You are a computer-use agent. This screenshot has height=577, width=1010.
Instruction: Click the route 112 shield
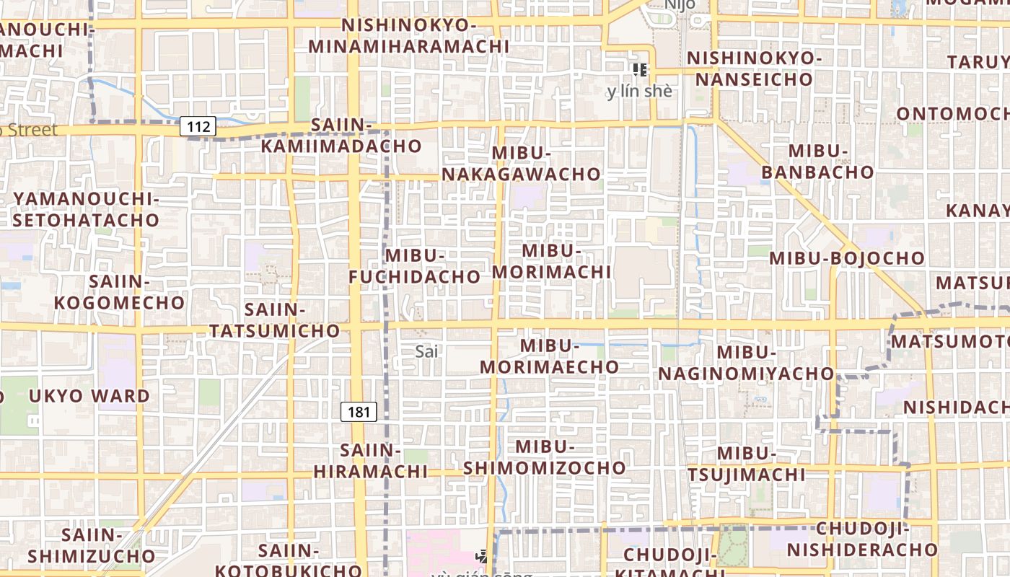pos(198,128)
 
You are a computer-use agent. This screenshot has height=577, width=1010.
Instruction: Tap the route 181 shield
pos(359,412)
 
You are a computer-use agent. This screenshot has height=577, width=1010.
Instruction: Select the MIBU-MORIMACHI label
pos(552,261)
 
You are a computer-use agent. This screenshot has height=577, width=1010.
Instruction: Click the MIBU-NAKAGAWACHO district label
pos(521,164)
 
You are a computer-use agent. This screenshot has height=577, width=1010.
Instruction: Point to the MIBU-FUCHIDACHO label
pos(415,266)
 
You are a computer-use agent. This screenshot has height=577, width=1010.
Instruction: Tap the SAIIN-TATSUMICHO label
pos(274,320)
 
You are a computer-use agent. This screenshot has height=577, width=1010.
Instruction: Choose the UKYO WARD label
pos(89,396)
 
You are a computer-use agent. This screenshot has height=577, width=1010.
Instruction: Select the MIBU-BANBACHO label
pos(817,162)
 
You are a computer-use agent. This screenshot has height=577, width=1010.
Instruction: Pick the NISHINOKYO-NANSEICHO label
pos(755,69)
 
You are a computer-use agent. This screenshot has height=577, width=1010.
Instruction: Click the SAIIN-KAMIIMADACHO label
pos(341,136)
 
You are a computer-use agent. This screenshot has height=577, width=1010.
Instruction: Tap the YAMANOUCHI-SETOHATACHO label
pos(86,209)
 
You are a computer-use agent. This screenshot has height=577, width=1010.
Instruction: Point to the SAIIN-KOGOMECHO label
pos(120,292)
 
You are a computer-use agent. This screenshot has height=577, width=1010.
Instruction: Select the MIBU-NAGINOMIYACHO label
pos(746,363)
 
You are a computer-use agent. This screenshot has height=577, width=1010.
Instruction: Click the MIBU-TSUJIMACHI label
pos(746,464)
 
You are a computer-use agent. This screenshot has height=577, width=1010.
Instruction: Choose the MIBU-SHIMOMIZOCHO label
pos(545,457)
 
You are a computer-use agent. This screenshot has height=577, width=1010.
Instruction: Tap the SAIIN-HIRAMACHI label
pos(371,461)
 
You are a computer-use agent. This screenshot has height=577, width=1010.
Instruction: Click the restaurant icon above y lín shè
pos(639,70)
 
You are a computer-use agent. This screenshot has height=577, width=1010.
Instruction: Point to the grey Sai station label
pos(427,352)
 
